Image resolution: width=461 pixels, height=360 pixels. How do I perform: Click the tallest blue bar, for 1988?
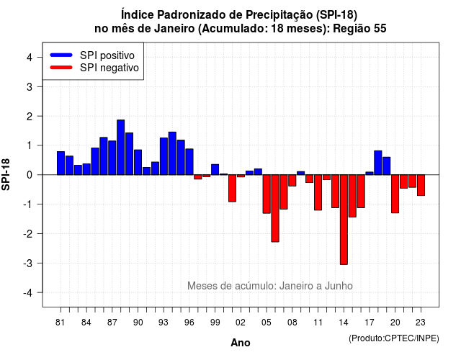tap(120, 147)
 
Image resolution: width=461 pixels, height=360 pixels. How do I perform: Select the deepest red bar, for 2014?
tap(344, 220)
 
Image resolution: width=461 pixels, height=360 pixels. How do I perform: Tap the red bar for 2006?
tap(275, 208)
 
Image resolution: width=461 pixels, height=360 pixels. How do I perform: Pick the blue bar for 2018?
tap(378, 163)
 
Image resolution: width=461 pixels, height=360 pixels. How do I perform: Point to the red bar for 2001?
tap(232, 188)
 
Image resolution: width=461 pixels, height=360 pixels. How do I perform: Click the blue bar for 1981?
tap(61, 163)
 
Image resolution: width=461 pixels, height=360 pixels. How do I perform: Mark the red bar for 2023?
tap(421, 185)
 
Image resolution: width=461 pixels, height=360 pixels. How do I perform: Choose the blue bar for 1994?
tap(172, 153)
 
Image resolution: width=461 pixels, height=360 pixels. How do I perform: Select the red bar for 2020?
tap(395, 194)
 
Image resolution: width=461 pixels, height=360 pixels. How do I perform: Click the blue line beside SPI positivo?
tap(61, 55)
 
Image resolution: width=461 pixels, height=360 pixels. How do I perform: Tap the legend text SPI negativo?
tap(109, 68)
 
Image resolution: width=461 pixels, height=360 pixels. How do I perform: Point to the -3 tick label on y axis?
tap(28, 264)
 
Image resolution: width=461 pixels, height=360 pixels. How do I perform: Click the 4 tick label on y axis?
tap(30, 58)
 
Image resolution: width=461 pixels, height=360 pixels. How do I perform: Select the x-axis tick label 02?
tap(241, 323)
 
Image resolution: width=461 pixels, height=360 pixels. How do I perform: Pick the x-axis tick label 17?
tap(370, 323)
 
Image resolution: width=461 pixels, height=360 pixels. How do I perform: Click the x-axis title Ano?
tap(241, 343)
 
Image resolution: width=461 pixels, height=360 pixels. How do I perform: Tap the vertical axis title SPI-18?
tap(6, 174)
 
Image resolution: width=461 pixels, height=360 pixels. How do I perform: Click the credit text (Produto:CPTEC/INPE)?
tap(394, 338)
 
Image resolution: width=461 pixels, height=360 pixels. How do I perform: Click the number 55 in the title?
tap(380, 29)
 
